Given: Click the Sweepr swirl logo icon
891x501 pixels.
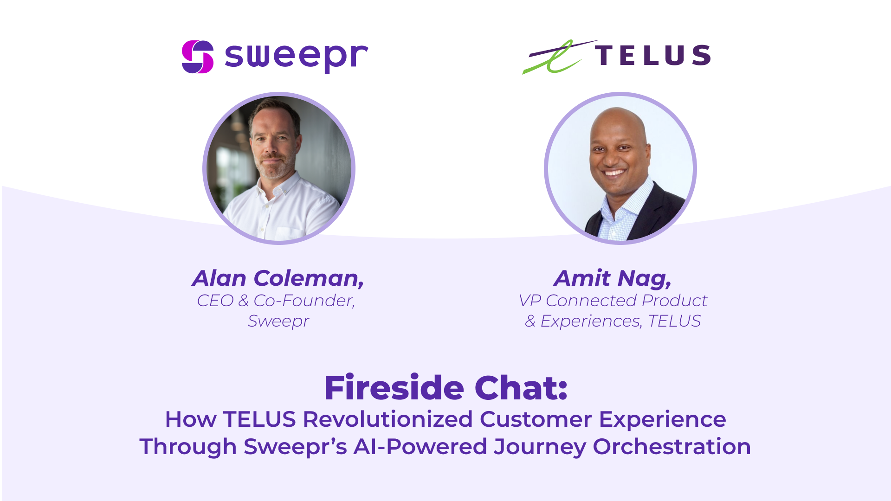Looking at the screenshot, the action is tap(198, 57).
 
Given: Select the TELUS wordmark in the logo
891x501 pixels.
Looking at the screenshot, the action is tap(653, 55).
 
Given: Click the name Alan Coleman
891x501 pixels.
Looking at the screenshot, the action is tap(278, 278).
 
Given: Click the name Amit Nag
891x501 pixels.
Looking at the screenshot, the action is tap(613, 278).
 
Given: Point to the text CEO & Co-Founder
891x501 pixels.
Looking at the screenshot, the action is tap(276, 301).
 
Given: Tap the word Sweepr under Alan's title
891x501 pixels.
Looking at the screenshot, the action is tap(278, 321).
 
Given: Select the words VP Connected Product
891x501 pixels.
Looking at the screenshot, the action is tap(613, 301).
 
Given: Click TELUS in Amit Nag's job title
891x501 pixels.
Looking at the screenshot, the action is tap(674, 321).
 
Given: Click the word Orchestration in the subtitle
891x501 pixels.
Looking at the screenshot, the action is tap(672, 447).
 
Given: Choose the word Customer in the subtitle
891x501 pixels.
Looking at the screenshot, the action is tap(536, 419).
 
